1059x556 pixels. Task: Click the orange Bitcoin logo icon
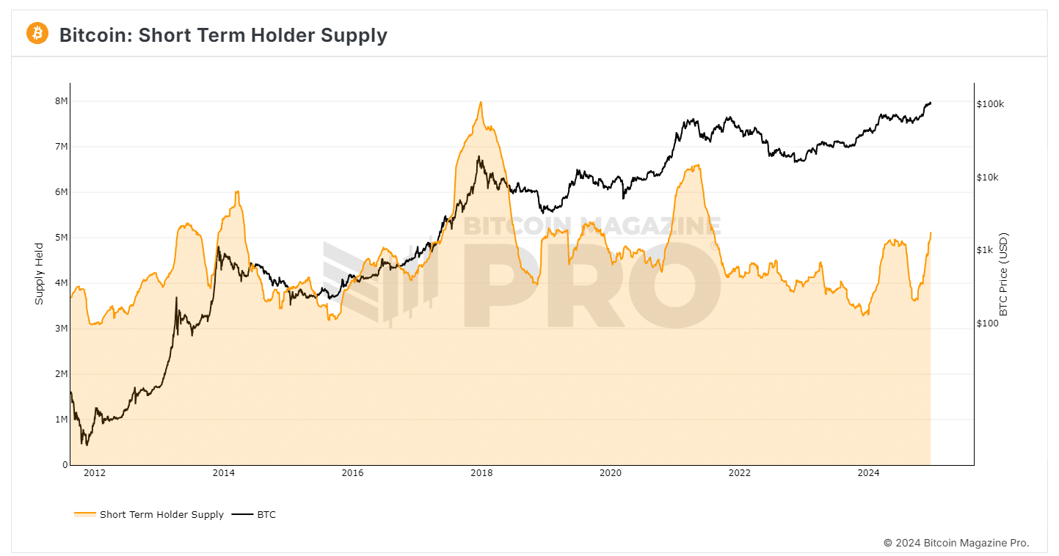pyautogui.click(x=37, y=33)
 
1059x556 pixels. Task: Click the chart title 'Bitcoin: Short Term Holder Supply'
pyautogui.click(x=223, y=34)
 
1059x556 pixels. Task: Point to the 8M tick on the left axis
pyautogui.click(x=62, y=101)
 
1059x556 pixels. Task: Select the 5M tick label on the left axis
pyautogui.click(x=62, y=238)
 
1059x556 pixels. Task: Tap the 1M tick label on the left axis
pyautogui.click(x=62, y=420)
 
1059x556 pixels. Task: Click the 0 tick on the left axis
pyautogui.click(x=65, y=465)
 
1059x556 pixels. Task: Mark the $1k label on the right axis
pyautogui.click(x=985, y=250)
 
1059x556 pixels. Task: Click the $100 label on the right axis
pyautogui.click(x=987, y=323)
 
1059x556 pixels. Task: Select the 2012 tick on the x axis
pyautogui.click(x=95, y=473)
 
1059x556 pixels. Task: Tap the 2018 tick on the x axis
pyautogui.click(x=481, y=473)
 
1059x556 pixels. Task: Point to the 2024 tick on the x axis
pyautogui.click(x=868, y=473)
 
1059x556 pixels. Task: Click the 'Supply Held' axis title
pyautogui.click(x=40, y=274)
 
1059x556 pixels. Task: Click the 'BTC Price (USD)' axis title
pyautogui.click(x=1004, y=274)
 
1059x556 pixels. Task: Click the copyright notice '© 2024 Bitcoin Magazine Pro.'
pyautogui.click(x=956, y=544)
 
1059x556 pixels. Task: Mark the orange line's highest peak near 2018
pyautogui.click(x=480, y=102)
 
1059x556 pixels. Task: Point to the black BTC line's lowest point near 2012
pyautogui.click(x=87, y=445)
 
